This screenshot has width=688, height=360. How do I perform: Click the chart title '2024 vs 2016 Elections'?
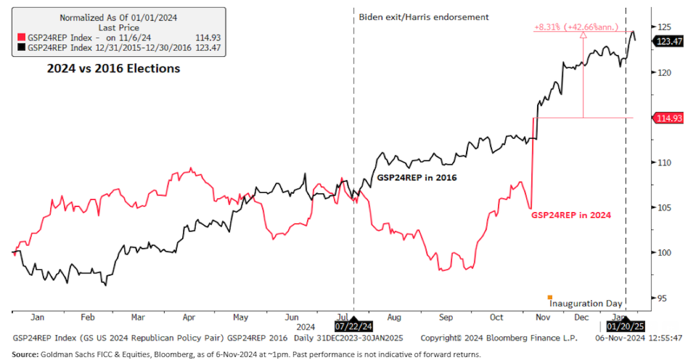114,69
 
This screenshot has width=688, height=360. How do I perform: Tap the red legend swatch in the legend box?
22,38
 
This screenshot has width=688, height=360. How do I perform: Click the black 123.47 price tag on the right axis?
669,41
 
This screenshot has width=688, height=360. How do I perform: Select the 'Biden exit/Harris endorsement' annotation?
424,17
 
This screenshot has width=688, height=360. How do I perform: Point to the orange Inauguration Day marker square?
550,297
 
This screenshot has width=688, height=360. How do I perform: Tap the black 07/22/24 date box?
353,326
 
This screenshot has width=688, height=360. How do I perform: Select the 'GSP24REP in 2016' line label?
416,178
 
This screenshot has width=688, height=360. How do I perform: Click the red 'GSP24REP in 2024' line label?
570,215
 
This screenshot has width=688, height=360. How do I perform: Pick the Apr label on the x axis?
189,317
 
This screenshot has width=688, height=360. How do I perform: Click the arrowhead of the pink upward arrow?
583,34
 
